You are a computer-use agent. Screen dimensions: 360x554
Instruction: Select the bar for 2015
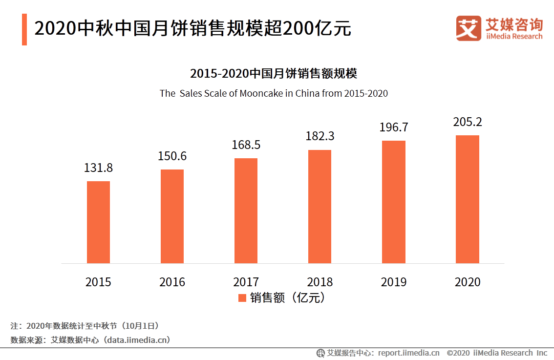click(x=98, y=222)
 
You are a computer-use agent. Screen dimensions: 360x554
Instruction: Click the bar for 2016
click(x=172, y=216)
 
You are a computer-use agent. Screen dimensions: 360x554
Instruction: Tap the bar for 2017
click(x=246, y=211)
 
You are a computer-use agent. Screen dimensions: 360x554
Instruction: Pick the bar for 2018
click(x=320, y=207)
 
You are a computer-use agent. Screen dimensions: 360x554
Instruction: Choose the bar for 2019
click(x=393, y=202)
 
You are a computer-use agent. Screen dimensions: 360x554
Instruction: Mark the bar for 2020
click(x=468, y=199)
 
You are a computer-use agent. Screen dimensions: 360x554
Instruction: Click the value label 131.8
click(x=98, y=168)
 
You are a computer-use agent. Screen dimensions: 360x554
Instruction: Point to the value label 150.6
click(x=172, y=156)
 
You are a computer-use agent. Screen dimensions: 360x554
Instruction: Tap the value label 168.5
click(x=246, y=145)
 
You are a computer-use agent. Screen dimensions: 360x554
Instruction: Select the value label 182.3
click(x=320, y=136)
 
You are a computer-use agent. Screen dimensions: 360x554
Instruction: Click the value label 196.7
click(x=394, y=127)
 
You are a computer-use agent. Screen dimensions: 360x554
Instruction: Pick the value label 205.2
click(x=468, y=122)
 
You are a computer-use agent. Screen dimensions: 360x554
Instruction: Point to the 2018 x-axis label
click(x=320, y=282)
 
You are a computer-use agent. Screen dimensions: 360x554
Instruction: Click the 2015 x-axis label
click(x=98, y=282)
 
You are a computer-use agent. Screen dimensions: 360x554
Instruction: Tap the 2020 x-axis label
click(x=468, y=282)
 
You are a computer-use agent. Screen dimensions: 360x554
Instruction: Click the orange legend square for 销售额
click(x=242, y=298)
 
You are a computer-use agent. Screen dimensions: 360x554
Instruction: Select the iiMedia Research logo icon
click(x=469, y=29)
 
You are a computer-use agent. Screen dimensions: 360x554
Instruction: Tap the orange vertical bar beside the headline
click(x=24, y=29)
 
